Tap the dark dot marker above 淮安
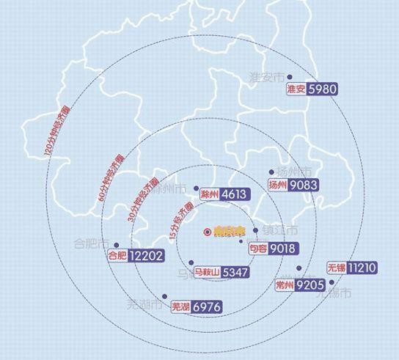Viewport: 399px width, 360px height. click(290, 76)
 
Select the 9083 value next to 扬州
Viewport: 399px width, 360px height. click(304, 185)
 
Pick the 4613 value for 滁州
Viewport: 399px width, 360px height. click(235, 195)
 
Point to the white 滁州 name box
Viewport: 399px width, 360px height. click(209, 195)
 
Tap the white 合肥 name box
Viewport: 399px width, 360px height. click(117, 256)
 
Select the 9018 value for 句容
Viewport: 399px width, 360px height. click(282, 249)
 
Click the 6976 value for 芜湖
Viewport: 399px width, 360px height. click(205, 308)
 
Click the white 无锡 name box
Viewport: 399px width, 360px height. click(337, 268)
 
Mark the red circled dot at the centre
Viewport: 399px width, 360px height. click(208, 232)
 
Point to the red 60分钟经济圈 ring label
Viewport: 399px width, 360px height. click(111, 177)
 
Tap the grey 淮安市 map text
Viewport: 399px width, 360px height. click(265, 77)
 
